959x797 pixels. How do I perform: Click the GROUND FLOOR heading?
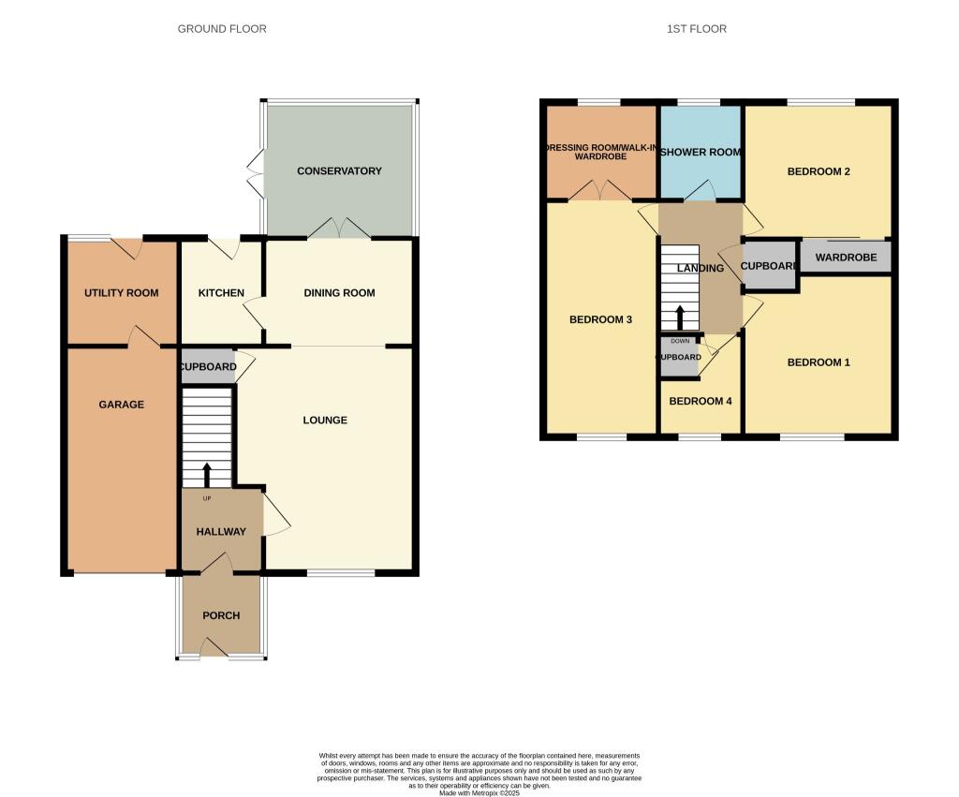(222, 29)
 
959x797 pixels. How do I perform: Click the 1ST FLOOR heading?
(696, 29)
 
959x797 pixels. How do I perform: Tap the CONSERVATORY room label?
(339, 171)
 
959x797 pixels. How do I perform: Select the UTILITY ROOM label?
(121, 293)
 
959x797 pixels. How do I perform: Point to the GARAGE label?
(122, 405)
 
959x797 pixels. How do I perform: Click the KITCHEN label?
(221, 293)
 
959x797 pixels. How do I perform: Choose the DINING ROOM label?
(339, 293)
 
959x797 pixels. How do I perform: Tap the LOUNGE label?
(325, 421)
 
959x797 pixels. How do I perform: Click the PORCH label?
(221, 615)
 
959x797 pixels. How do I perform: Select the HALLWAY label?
(221, 532)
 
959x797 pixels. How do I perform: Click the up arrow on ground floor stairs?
(207, 473)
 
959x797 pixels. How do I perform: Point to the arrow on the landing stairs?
(681, 317)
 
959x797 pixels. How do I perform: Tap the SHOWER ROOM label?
(701, 153)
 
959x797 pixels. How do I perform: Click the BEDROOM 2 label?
(819, 171)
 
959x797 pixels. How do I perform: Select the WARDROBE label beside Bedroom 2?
(846, 257)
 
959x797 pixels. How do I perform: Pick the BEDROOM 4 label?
(701, 401)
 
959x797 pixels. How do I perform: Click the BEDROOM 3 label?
(600, 320)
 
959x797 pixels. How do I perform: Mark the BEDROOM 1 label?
(819, 362)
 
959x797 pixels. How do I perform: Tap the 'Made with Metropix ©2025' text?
(479, 793)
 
